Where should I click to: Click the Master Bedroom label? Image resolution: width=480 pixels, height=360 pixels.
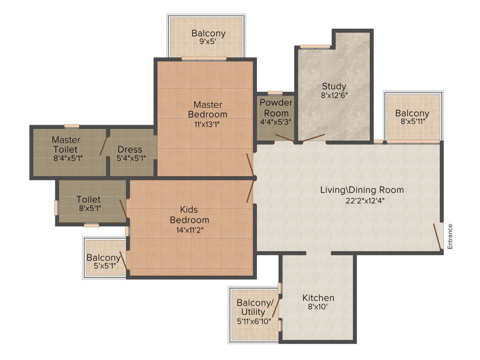208,109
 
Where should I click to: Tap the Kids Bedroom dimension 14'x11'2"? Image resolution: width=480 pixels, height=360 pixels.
189,230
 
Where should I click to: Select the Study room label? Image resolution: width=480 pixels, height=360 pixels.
334,86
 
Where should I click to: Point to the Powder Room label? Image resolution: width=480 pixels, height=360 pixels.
276,108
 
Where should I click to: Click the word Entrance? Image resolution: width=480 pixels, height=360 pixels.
450,236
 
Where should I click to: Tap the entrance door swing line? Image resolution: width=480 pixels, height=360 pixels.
437,237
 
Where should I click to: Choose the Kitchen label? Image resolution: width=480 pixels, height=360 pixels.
318,298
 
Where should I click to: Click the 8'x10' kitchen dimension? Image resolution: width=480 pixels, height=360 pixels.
318,307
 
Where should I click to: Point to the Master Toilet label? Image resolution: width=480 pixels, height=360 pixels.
66,144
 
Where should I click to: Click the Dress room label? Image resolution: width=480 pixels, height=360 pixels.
130,150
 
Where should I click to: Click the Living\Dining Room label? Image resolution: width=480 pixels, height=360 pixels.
361,190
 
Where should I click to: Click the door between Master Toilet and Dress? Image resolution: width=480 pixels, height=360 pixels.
104,146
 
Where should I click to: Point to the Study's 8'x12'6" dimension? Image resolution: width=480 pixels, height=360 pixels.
334,95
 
